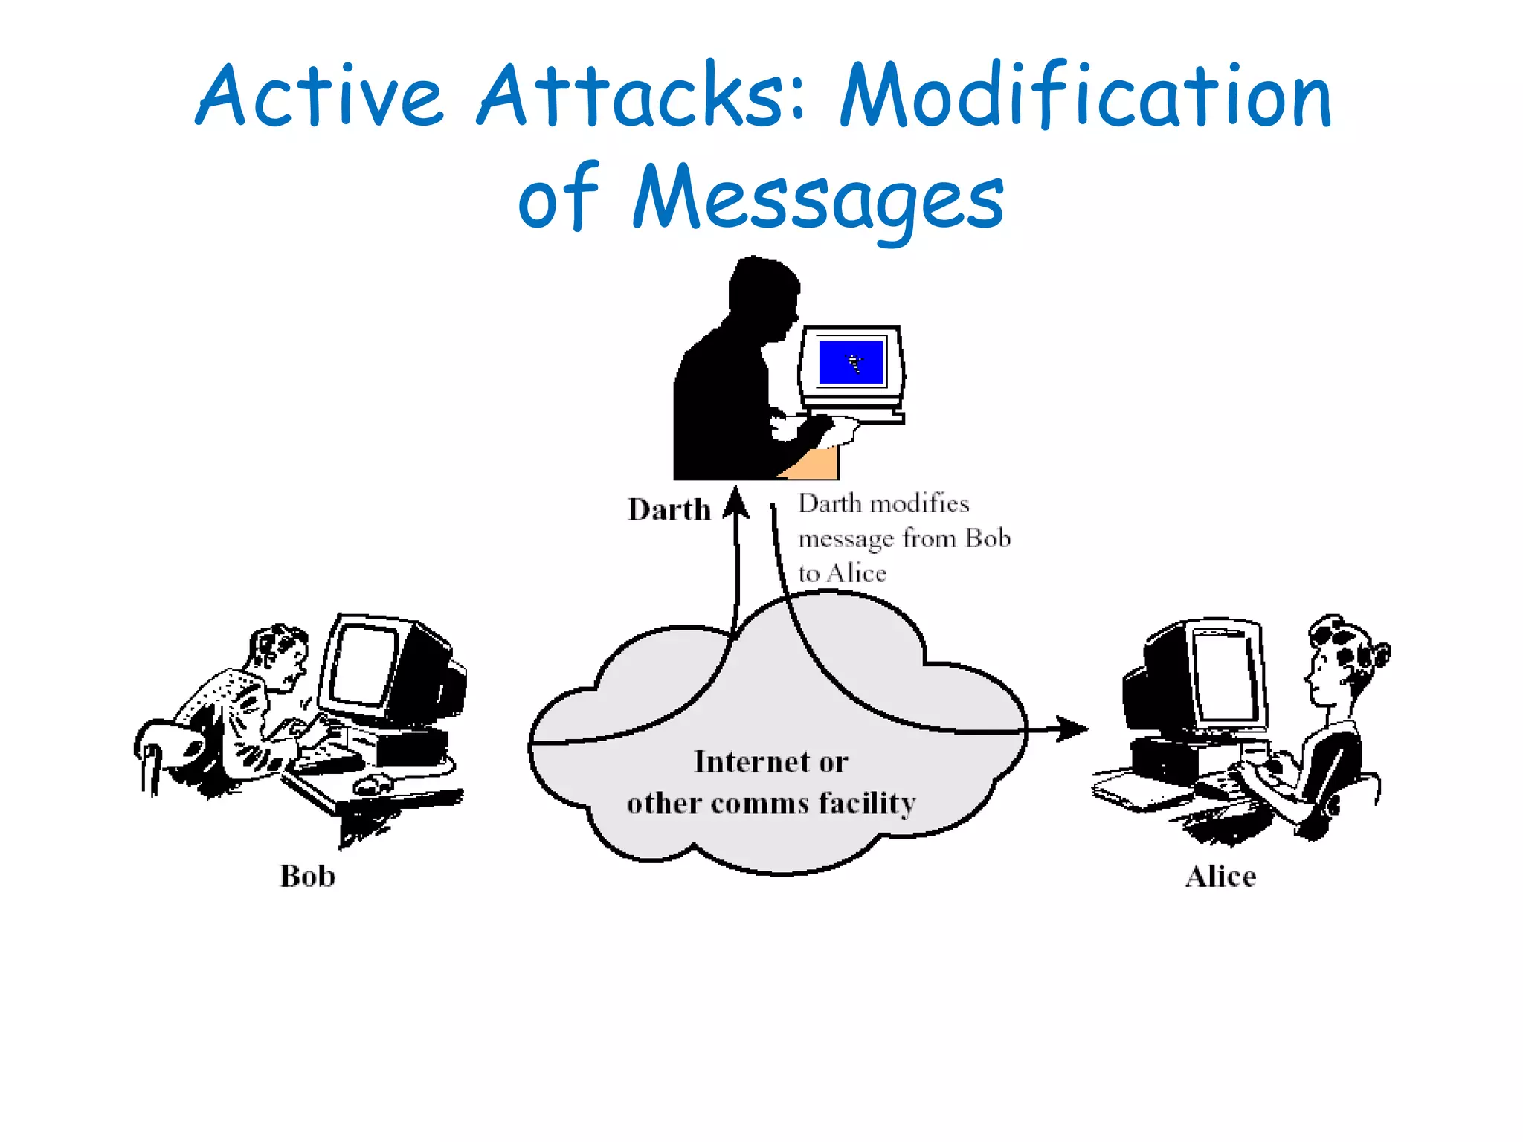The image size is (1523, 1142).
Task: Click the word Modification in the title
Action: [x=1086, y=97]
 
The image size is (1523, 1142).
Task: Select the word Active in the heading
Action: [x=320, y=97]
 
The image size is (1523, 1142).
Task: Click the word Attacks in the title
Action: [x=640, y=97]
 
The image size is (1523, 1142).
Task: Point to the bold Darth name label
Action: [x=669, y=510]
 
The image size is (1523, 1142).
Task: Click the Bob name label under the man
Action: [x=307, y=876]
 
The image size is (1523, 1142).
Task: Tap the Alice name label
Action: [x=1220, y=876]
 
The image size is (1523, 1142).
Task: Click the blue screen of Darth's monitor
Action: [x=851, y=362]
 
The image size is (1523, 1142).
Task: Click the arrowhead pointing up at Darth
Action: [x=736, y=501]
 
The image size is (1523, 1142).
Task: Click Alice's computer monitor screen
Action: [x=1226, y=673]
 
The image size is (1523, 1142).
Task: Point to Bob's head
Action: [x=279, y=651]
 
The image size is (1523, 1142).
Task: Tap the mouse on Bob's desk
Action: [x=372, y=783]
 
